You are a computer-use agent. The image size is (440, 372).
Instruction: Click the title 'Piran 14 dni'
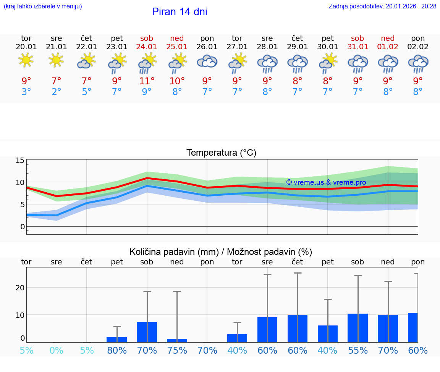[180, 12]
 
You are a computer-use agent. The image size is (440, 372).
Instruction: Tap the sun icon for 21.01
[56, 60]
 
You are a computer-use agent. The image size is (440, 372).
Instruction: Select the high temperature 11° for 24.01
[147, 81]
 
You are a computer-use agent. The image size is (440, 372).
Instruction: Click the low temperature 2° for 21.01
[56, 92]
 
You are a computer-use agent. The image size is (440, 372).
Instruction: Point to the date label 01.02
[388, 47]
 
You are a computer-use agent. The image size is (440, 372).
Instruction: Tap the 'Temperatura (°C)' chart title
[221, 153]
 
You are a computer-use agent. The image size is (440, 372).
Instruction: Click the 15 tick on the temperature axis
[20, 161]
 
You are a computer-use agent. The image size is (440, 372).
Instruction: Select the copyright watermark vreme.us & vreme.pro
[326, 182]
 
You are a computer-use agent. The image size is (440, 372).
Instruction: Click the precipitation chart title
[221, 252]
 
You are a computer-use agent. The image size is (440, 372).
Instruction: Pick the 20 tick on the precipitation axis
[20, 287]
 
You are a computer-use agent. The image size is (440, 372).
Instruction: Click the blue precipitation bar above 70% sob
[147, 332]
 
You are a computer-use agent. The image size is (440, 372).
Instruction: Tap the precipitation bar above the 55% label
[357, 328]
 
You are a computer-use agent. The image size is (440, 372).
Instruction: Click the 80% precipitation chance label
[116, 350]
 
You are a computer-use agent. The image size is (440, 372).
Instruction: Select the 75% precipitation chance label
[177, 350]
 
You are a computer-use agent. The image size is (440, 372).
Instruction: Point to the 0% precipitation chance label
[56, 350]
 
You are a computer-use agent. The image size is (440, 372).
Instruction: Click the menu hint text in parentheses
[43, 6]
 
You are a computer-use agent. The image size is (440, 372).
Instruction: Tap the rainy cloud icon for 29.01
[298, 63]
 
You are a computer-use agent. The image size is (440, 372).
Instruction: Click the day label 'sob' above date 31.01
[357, 38]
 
